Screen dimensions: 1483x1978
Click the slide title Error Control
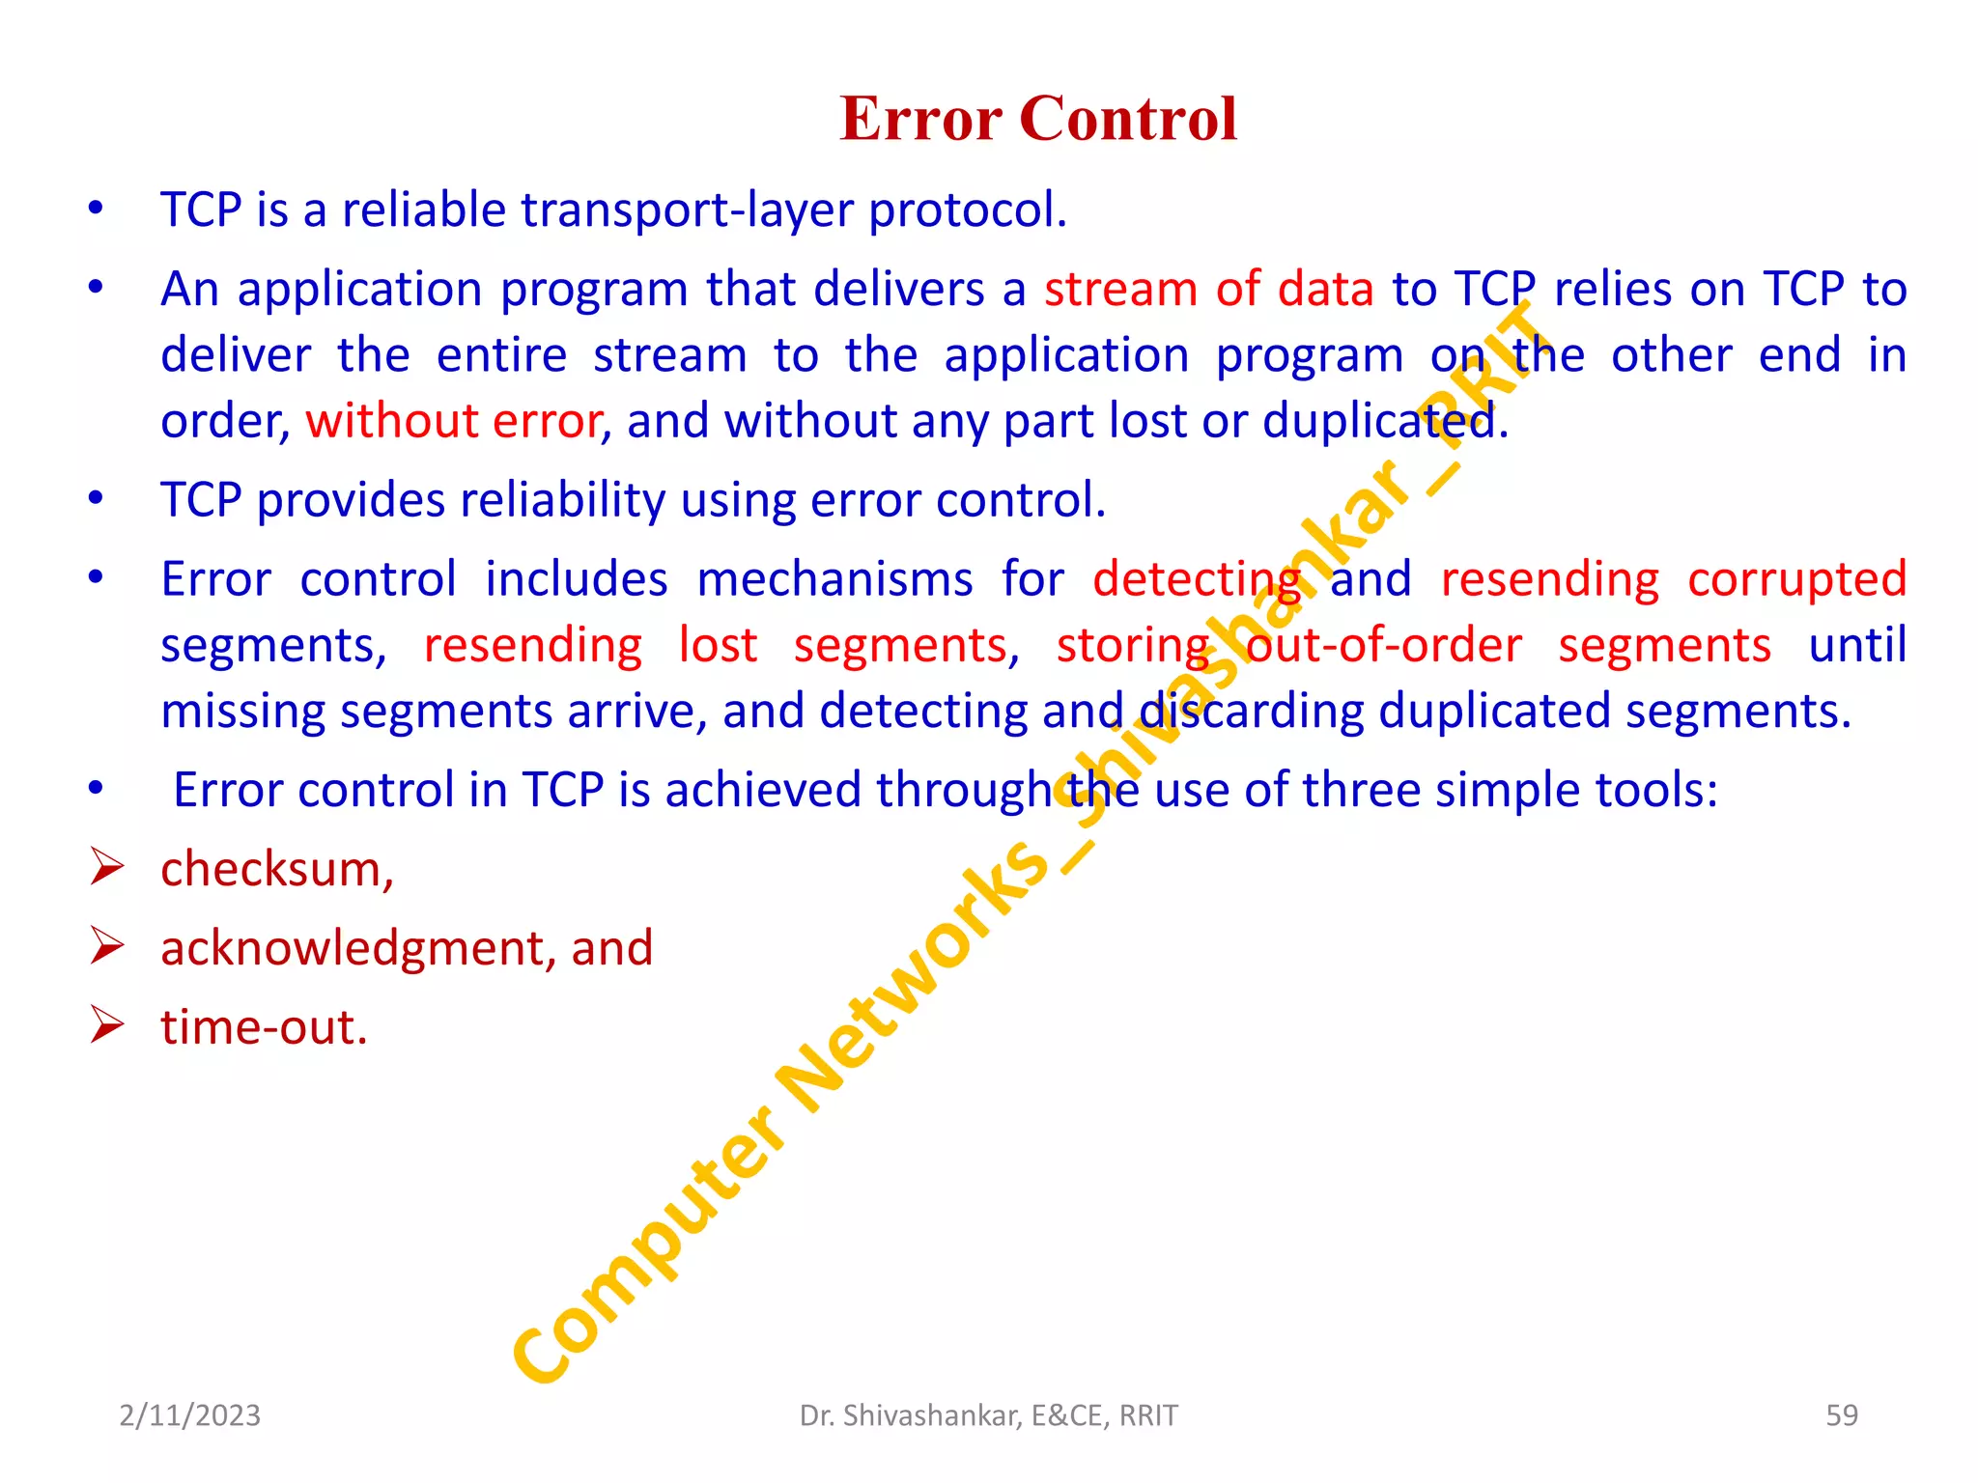pyautogui.click(x=1038, y=119)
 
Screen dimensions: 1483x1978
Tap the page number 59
pyautogui.click(x=1841, y=1415)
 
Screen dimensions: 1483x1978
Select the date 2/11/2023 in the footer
pyautogui.click(x=190, y=1415)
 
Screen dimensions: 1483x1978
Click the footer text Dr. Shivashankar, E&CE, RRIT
pyautogui.click(x=988, y=1415)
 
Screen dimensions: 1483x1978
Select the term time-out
pyautogui.click(x=264, y=1027)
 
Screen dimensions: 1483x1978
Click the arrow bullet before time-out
pyautogui.click(x=106, y=1024)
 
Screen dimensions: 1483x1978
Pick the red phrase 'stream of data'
pyautogui.click(x=1208, y=289)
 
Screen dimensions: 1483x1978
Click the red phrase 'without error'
pyautogui.click(x=454, y=421)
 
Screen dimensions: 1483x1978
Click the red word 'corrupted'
pyautogui.click(x=1796, y=579)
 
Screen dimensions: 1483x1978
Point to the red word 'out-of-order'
pyautogui.click(x=1384, y=645)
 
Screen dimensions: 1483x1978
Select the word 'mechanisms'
pyautogui.click(x=834, y=579)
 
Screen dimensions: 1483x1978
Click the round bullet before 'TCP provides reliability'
pyautogui.click(x=95, y=498)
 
